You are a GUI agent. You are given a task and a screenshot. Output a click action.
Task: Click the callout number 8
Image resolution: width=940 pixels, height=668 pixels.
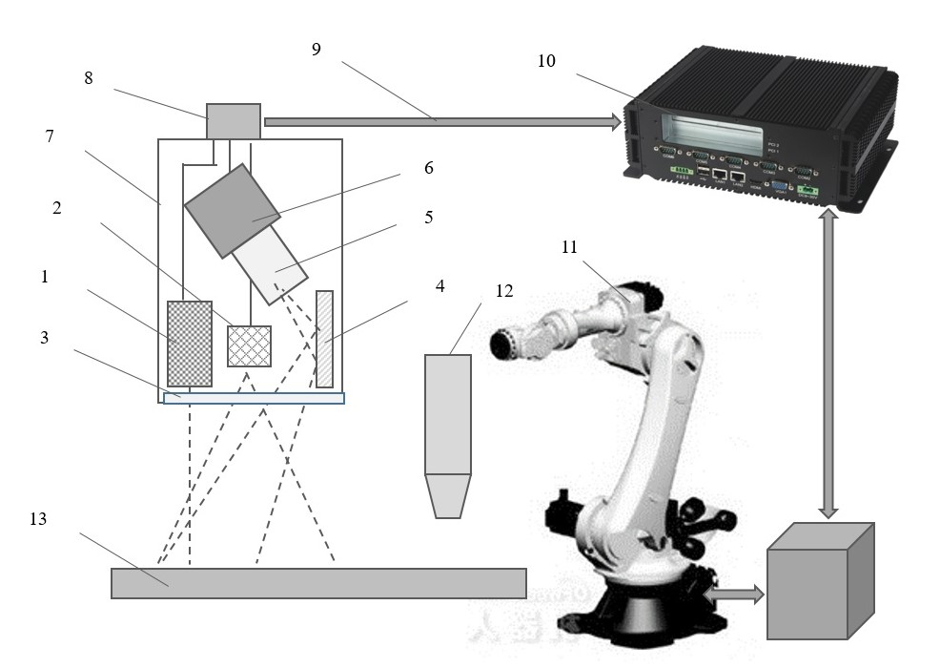[89, 79]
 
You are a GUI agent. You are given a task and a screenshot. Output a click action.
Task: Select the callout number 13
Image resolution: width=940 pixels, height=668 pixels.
[38, 520]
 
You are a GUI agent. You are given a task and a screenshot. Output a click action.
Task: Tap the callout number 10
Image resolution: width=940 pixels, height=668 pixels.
[546, 62]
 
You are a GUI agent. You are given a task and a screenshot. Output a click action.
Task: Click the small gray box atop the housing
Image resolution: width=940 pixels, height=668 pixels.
[234, 121]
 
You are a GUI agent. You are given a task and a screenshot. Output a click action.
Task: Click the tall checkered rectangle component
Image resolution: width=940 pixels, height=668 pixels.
[189, 343]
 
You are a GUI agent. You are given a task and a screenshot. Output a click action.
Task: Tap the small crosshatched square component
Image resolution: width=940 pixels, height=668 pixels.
[249, 345]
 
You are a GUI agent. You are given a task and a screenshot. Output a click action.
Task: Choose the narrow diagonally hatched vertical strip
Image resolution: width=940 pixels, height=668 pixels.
[324, 339]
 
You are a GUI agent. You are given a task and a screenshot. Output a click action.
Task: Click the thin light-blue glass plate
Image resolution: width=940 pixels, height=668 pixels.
[254, 398]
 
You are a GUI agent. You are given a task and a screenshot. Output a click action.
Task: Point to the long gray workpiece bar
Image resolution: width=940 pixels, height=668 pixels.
[318, 583]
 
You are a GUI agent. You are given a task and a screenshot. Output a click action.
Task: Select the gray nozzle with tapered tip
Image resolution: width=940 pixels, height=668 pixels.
[447, 434]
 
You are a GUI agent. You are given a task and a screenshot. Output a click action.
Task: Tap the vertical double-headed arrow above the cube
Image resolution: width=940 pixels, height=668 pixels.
[828, 363]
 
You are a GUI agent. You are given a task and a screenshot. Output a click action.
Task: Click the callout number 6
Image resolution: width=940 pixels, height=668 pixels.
[428, 168]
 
